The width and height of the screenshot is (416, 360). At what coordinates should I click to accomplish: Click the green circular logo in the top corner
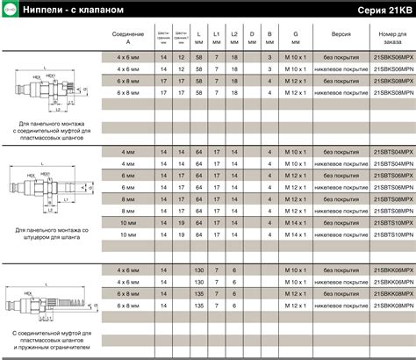tap(8, 10)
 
